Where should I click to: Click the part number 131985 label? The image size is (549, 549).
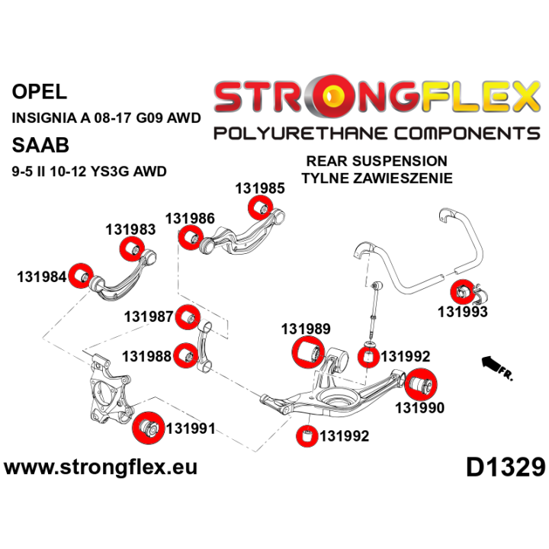(260, 188)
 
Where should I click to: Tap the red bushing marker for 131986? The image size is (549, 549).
(191, 238)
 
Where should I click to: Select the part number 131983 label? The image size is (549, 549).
(130, 230)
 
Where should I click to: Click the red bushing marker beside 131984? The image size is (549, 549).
(81, 275)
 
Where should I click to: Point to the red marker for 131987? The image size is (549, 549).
(188, 317)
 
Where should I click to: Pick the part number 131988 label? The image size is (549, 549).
(146, 356)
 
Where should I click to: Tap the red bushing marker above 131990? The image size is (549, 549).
(421, 384)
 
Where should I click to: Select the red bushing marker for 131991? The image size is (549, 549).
(149, 429)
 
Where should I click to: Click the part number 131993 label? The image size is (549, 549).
(463, 312)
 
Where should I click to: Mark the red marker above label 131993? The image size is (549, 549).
(463, 291)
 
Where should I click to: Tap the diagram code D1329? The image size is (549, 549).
(506, 467)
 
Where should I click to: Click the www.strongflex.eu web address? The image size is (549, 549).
(101, 467)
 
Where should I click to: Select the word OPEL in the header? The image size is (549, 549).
(39, 91)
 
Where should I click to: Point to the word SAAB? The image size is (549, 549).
(40, 145)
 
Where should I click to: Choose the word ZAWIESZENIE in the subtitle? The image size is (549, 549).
(403, 178)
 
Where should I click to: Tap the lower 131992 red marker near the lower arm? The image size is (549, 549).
(307, 436)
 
